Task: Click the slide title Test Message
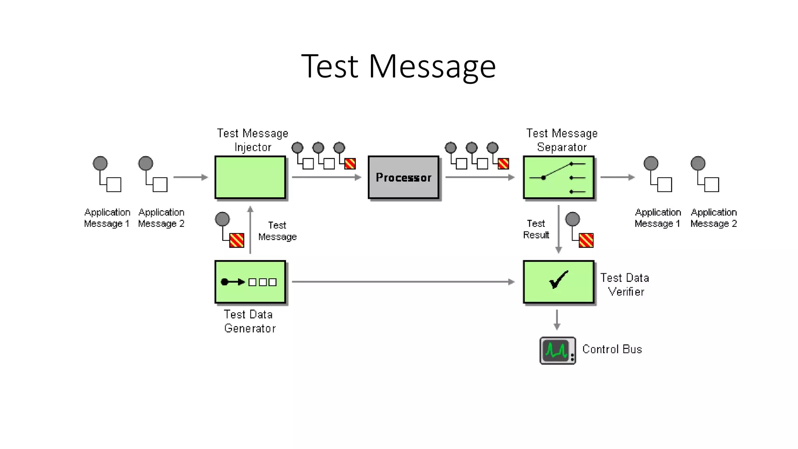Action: pos(398,66)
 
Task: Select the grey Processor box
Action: pos(403,177)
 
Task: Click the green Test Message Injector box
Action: pos(250,177)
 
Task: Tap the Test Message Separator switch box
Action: pos(558,177)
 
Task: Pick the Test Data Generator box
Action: pos(250,282)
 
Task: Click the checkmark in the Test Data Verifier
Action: pos(558,279)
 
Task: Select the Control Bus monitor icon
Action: pos(557,350)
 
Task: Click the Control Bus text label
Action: pos(612,349)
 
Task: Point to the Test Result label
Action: pos(536,229)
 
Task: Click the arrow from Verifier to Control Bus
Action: pos(557,320)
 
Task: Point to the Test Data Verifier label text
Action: pos(625,285)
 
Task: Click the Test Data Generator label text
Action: pos(249,322)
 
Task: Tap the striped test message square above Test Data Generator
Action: pos(237,240)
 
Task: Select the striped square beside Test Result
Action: pos(586,240)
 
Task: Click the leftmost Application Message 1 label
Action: pos(107,218)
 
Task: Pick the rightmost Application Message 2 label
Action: pos(713,218)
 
